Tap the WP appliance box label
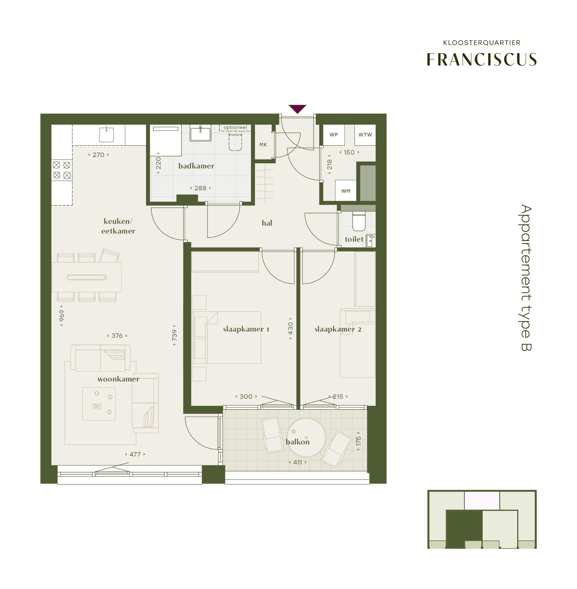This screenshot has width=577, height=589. [x=334, y=135]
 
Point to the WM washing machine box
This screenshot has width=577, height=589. [x=345, y=190]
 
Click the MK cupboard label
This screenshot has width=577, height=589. [x=263, y=145]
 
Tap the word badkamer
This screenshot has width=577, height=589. [x=196, y=166]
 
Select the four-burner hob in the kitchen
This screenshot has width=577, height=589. [x=62, y=170]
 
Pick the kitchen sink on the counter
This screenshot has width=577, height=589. [x=106, y=135]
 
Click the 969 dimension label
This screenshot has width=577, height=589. [x=62, y=315]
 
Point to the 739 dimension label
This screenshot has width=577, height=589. [x=174, y=335]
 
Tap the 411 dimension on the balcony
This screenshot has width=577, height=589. [x=298, y=462]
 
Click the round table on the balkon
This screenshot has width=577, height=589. [x=306, y=437]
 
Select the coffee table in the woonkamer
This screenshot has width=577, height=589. [x=99, y=403]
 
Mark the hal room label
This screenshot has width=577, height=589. [x=267, y=223]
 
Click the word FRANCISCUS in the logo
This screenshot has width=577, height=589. [x=482, y=59]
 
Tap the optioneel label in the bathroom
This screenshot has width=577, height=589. [x=235, y=128]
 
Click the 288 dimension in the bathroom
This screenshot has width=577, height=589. [x=200, y=188]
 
